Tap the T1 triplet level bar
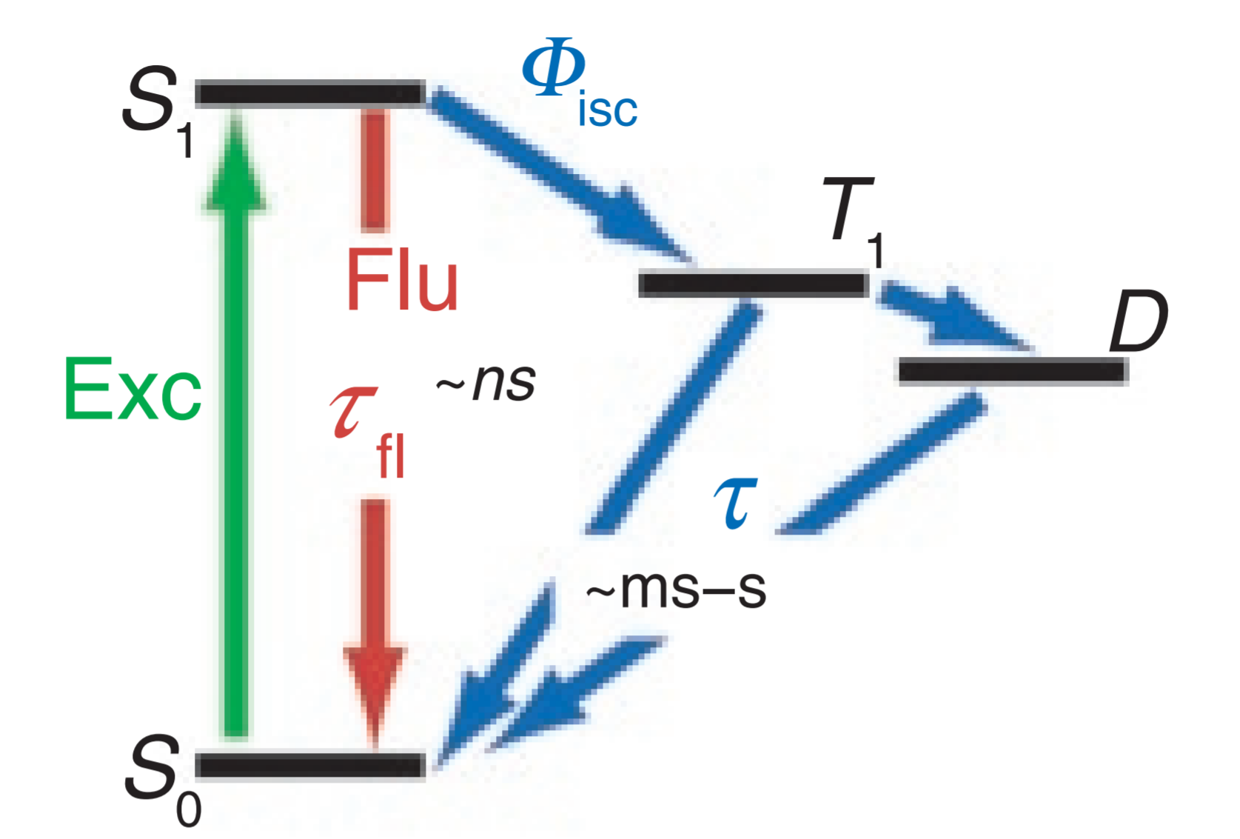753,284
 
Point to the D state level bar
1012,370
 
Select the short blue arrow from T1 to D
948,315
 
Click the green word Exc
133,390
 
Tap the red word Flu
402,281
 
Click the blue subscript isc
607,111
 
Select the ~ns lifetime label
486,382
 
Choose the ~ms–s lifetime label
675,589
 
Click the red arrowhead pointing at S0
375,689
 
